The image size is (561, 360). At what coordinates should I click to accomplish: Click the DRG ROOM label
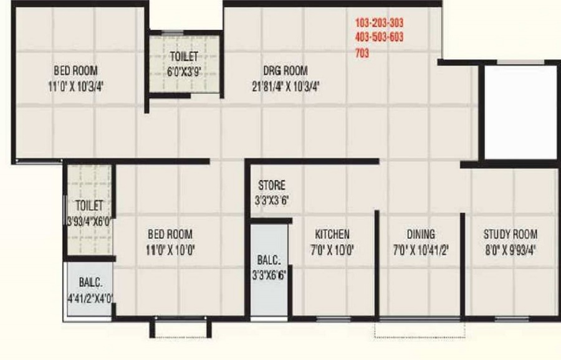click(x=285, y=70)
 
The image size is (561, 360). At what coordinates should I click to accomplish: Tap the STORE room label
click(x=272, y=185)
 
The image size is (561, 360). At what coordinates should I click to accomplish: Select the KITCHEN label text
click(x=332, y=234)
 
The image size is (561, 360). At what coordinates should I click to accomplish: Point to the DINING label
click(x=421, y=234)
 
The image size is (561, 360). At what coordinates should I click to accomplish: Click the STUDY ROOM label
click(x=511, y=234)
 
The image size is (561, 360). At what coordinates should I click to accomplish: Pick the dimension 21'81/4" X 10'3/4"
click(x=285, y=86)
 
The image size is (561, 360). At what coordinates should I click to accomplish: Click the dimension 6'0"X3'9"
click(x=184, y=72)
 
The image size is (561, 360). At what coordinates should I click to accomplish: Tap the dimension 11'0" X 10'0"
click(x=170, y=250)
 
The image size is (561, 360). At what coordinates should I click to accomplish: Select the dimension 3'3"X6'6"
click(x=269, y=275)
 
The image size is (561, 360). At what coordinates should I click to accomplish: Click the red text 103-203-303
click(x=379, y=23)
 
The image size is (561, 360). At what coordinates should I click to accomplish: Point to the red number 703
click(x=362, y=54)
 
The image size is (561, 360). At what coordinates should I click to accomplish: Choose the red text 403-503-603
click(x=379, y=37)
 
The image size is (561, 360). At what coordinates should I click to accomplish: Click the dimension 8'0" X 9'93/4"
click(x=511, y=250)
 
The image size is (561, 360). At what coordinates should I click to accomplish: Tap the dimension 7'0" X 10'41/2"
click(x=421, y=250)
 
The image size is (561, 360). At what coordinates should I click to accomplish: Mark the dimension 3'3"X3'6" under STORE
click(x=272, y=201)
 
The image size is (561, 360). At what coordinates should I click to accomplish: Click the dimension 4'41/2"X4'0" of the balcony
click(x=91, y=298)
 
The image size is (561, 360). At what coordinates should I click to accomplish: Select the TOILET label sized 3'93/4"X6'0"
click(x=89, y=206)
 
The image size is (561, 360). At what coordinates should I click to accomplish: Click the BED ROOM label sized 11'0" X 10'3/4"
click(x=75, y=70)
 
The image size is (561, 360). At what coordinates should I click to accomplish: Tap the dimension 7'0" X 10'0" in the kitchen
click(x=332, y=250)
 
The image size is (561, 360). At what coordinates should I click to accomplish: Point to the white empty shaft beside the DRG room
click(x=520, y=112)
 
